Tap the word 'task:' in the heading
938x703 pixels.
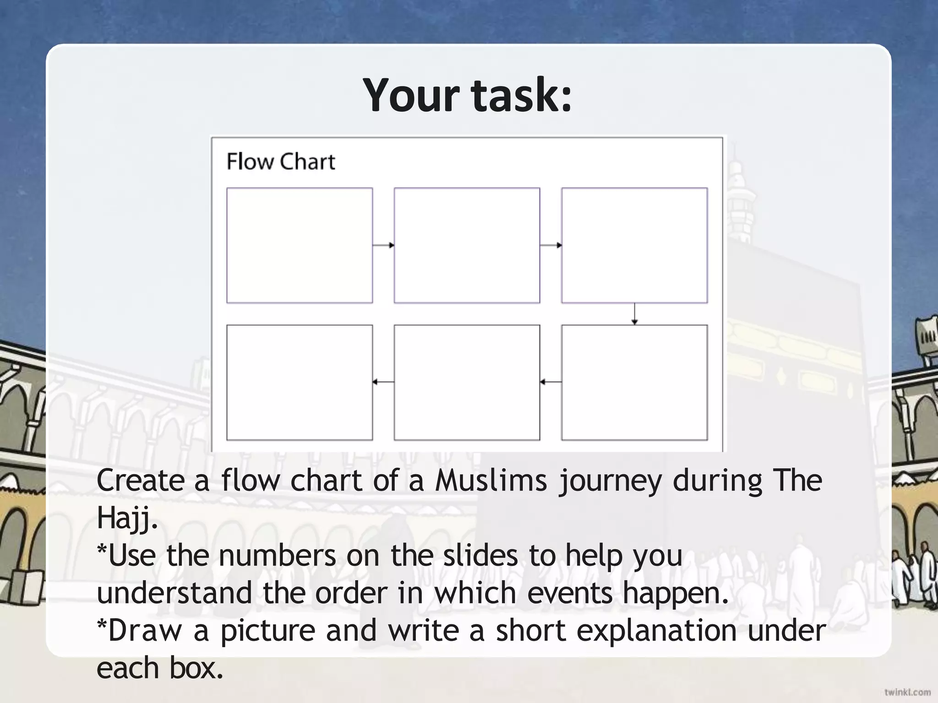(x=522, y=95)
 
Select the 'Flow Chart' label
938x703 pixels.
(x=281, y=162)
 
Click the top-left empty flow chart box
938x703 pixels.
(x=300, y=245)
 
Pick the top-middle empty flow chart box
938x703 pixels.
(x=467, y=245)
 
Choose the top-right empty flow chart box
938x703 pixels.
(x=634, y=245)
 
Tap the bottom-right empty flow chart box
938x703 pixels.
(x=634, y=382)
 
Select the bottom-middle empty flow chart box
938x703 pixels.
(x=467, y=382)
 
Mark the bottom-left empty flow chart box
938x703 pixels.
(x=300, y=382)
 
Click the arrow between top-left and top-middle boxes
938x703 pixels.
(x=383, y=245)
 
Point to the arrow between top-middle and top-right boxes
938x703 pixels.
(x=551, y=245)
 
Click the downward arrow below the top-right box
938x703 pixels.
(x=634, y=314)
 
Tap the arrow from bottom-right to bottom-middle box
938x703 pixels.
(x=551, y=382)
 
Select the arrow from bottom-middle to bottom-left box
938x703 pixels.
(x=383, y=382)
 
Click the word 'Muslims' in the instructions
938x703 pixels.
(x=491, y=481)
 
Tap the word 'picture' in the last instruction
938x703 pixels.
(x=268, y=630)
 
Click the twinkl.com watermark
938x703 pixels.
(x=907, y=692)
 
